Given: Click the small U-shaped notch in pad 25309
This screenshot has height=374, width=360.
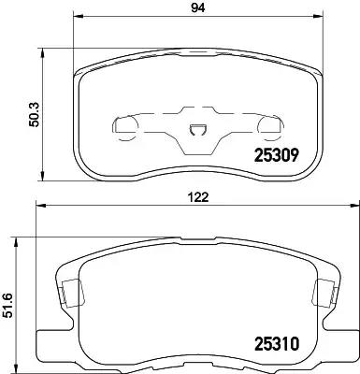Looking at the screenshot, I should click(197, 132).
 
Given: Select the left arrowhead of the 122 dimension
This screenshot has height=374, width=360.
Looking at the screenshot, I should click(40, 208).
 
